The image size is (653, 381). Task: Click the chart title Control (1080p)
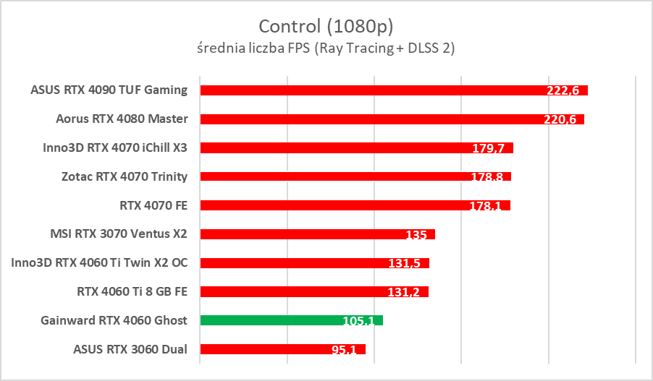click(x=326, y=27)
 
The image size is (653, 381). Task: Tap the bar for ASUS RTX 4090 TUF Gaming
click(x=362, y=90)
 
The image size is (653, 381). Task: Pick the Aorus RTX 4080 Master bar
click(x=362, y=119)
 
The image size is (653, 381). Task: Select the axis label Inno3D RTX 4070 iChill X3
click(x=115, y=147)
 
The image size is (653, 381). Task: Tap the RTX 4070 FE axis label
click(x=153, y=205)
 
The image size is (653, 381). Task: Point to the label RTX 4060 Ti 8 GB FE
click(x=132, y=292)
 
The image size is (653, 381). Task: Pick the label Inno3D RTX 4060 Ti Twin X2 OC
click(x=100, y=263)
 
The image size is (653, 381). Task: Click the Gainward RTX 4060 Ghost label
click(x=114, y=320)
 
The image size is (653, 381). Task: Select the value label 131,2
click(x=404, y=293)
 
